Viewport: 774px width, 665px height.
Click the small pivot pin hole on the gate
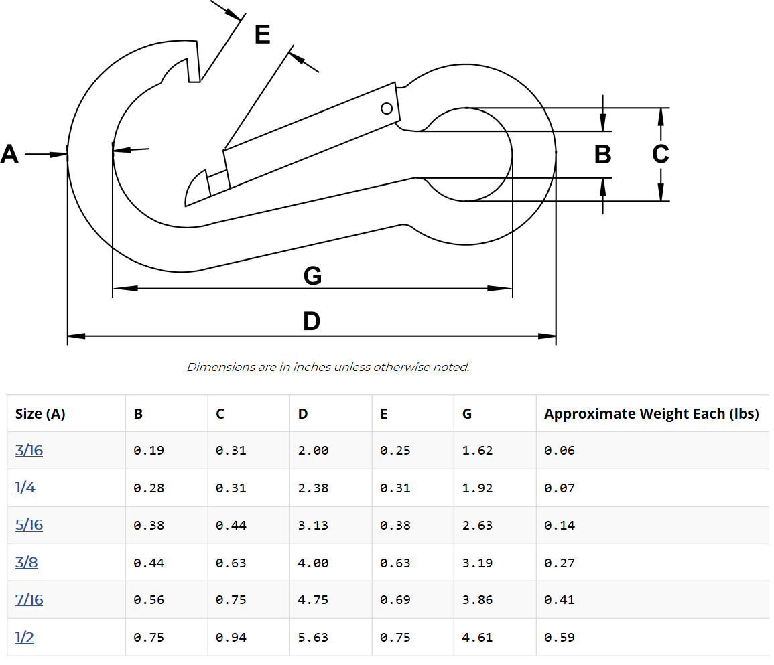[x=387, y=108]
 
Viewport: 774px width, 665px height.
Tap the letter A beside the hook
[x=9, y=154]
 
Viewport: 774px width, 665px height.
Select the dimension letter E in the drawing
[x=262, y=35]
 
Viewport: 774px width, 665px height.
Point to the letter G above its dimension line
[x=312, y=276]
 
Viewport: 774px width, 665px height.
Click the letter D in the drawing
[x=312, y=321]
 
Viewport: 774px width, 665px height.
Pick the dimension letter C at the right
[x=661, y=154]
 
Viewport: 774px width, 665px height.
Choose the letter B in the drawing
[x=602, y=155]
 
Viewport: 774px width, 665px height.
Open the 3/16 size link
[x=29, y=451]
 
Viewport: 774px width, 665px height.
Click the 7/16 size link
[x=29, y=600]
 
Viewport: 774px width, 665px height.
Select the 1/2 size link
[x=25, y=638]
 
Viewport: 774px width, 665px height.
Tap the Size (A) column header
[x=40, y=413]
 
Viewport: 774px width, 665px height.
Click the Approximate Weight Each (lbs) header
[x=651, y=413]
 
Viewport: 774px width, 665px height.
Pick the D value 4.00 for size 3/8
[x=313, y=563]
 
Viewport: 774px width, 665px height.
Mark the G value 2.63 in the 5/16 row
[x=477, y=526]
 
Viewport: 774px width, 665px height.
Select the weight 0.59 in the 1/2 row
[x=560, y=638]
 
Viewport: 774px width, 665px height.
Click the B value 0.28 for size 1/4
[x=149, y=488]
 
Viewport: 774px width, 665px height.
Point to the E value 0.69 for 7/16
[x=395, y=600]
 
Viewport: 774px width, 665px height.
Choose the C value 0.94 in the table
[x=231, y=638]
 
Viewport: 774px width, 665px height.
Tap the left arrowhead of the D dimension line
[x=76, y=336]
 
